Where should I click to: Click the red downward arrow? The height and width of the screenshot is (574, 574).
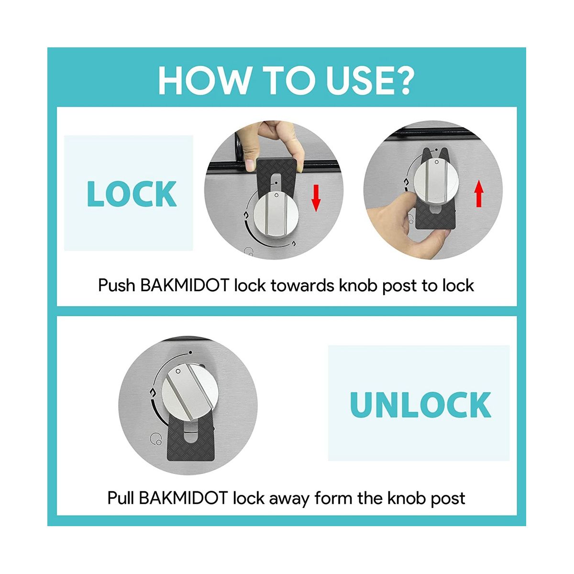(x=316, y=198)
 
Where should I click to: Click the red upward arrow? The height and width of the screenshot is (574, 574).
(x=479, y=193)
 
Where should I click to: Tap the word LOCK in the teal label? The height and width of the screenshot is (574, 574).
(x=132, y=194)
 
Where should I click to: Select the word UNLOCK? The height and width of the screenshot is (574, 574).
(x=420, y=405)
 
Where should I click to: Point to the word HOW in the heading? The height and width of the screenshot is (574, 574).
(x=204, y=81)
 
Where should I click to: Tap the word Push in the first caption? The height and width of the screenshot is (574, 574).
(x=116, y=286)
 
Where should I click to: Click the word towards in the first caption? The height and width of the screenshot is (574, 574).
(x=302, y=286)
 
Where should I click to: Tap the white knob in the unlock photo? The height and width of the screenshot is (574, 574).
(x=190, y=393)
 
